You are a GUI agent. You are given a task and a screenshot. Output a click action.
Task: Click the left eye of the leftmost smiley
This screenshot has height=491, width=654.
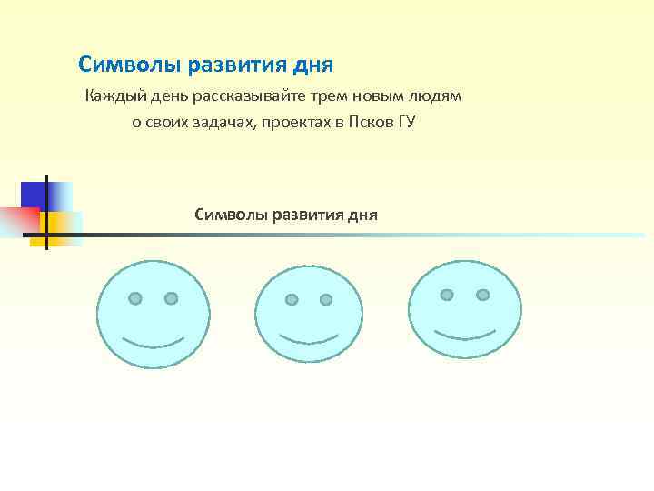[x=135, y=298]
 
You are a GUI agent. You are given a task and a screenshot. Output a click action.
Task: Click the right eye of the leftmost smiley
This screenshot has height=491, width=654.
[x=171, y=297]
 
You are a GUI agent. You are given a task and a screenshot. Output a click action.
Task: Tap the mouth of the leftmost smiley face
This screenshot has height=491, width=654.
[x=154, y=344]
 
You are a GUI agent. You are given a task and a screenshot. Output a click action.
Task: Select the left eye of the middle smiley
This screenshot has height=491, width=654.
[x=292, y=299]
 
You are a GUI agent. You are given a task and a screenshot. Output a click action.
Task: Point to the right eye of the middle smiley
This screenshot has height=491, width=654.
[x=326, y=297]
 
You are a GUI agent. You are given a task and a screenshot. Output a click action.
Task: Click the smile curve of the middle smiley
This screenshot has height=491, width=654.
[x=310, y=341]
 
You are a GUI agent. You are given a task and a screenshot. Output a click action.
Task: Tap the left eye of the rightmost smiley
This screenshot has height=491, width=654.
[x=447, y=295]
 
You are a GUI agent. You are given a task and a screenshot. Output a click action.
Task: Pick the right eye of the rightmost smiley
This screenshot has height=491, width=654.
[x=482, y=295]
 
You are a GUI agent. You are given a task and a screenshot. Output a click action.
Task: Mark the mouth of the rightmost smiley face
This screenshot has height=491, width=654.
[x=465, y=332]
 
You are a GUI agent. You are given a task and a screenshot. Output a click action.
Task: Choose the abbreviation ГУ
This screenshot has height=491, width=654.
[x=405, y=122]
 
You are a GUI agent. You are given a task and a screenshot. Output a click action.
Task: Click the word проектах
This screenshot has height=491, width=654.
[x=292, y=122]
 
